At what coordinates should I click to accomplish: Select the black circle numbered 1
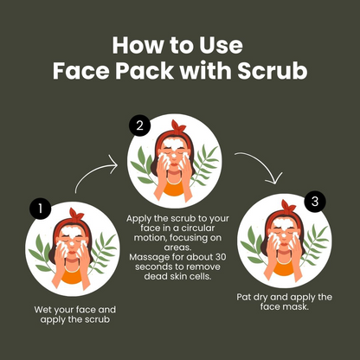pos(39,209)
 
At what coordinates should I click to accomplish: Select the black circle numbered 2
pos(139,126)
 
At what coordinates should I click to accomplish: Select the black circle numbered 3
pos(316,202)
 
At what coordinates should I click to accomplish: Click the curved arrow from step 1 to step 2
pos(93,173)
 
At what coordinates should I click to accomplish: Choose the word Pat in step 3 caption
pos(246,297)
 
